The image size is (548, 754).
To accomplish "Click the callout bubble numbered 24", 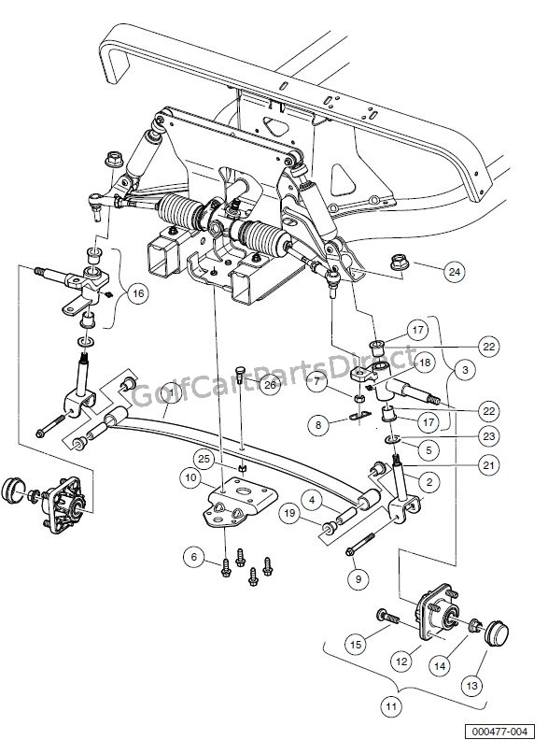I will point(455,273).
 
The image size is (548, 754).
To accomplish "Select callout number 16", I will point(138,294).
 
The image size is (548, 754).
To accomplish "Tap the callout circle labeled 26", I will point(270,385).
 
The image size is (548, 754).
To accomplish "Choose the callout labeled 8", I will point(319,425).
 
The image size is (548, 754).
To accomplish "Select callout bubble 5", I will point(429,449).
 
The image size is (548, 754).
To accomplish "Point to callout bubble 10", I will point(190,478).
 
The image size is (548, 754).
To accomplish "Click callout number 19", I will point(290,512).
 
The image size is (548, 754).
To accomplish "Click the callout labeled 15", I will point(355,643).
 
